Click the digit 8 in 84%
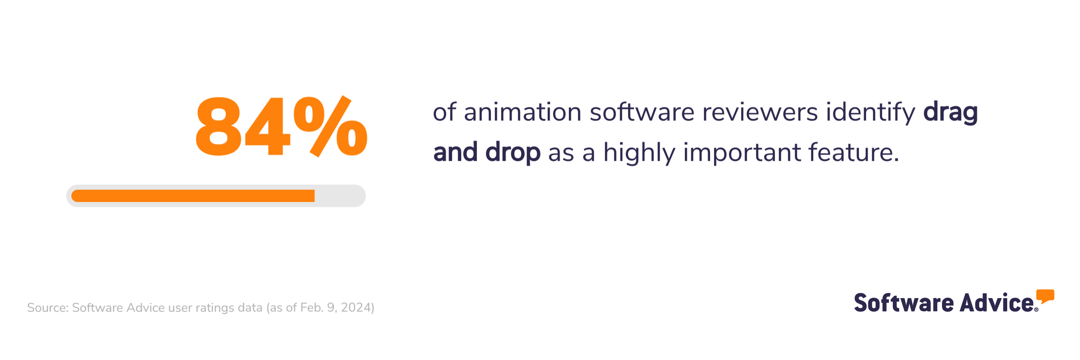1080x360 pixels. coord(218,126)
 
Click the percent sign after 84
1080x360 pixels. coord(330,126)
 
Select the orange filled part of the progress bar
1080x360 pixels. coord(193,196)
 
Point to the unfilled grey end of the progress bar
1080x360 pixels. coord(340,196)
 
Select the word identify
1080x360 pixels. coord(870,113)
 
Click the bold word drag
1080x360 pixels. coord(950,113)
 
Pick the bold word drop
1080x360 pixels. coord(513,152)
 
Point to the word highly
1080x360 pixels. coord(639,152)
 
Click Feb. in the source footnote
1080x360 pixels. coord(312,308)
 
